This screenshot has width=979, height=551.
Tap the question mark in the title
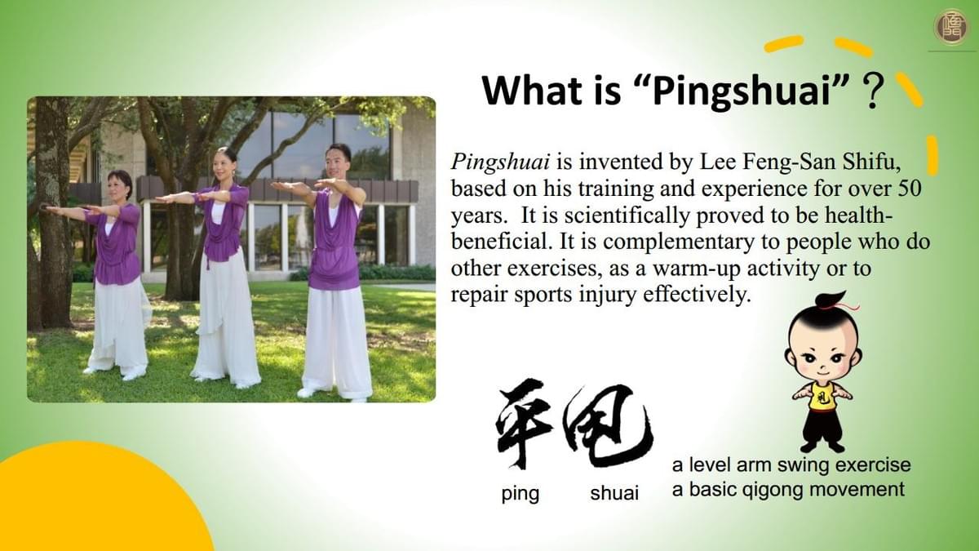[872, 91]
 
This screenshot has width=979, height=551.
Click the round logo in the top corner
[952, 27]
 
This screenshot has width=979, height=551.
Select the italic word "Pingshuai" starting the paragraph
[500, 162]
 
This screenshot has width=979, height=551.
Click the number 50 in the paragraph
[910, 189]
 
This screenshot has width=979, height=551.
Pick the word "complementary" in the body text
[679, 242]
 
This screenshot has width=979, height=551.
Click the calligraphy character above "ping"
[523, 422]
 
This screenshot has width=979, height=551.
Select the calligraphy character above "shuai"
[608, 424]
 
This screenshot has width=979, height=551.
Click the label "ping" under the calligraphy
[521, 494]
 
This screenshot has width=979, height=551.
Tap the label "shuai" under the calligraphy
[614, 493]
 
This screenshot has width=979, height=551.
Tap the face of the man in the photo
[338, 162]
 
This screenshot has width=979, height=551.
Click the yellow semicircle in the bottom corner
[96, 503]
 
